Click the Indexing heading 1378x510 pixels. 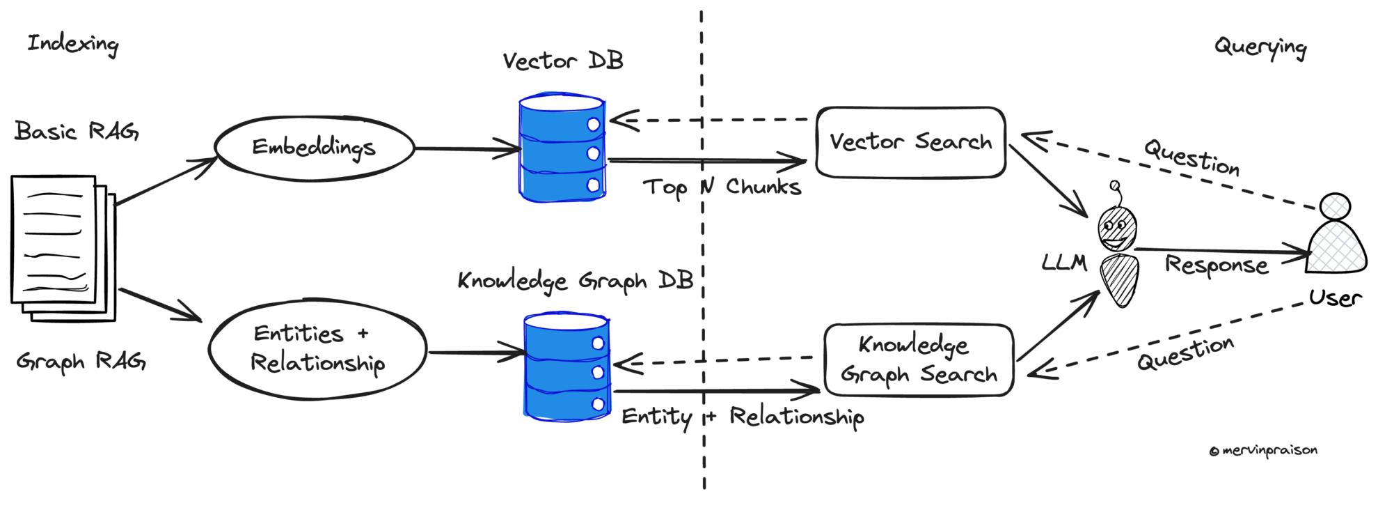point(73,45)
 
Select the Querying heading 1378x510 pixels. point(1260,47)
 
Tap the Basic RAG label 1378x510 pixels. point(77,131)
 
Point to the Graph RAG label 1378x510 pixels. point(81,362)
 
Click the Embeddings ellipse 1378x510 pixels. point(314,148)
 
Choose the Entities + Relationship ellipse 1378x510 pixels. point(317,349)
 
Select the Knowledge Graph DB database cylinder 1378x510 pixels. point(567,366)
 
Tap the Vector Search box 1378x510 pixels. point(910,143)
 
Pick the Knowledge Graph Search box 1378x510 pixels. point(919,360)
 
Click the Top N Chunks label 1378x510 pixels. point(722,187)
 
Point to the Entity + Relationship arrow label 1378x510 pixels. point(743,417)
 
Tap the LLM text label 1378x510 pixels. point(1064,262)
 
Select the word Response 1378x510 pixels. point(1216,265)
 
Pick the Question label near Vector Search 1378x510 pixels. point(1191,157)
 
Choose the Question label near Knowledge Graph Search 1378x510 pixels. point(1185,353)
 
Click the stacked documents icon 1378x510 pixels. point(61,247)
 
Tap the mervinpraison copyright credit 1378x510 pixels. point(1263,451)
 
